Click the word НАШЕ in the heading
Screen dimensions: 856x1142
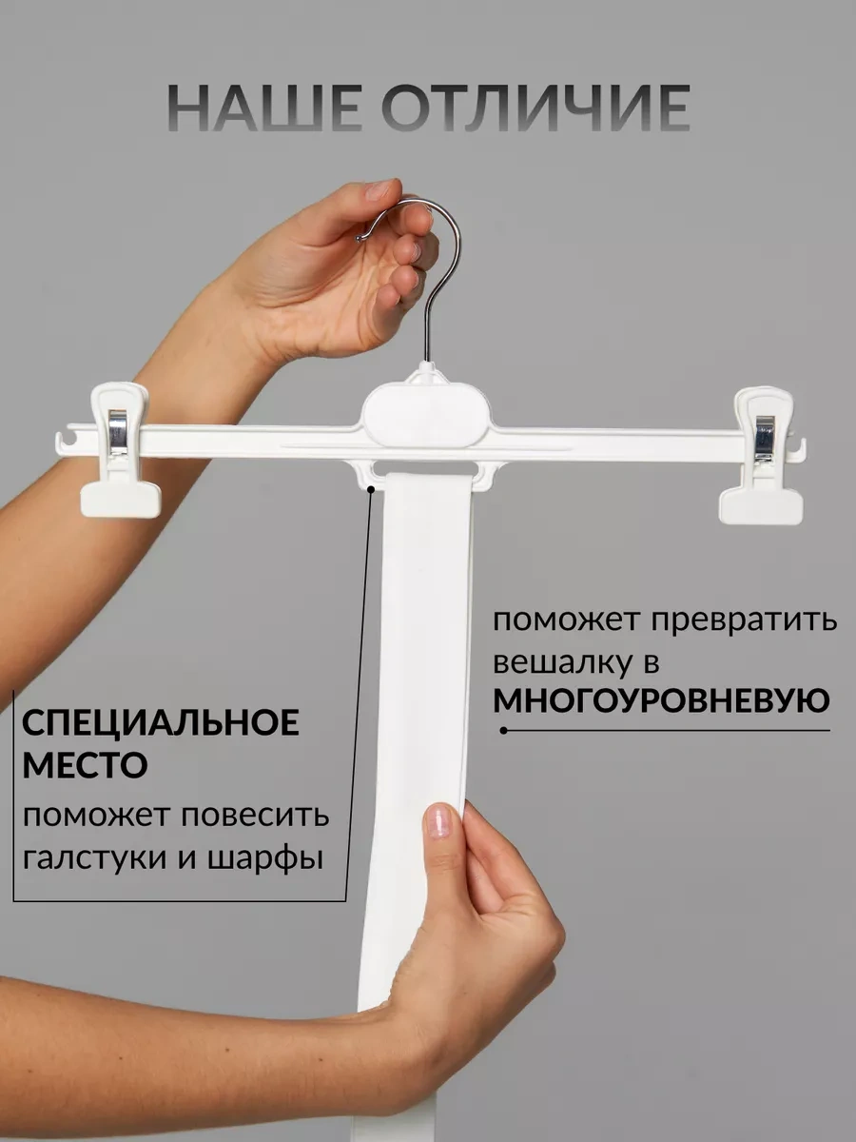pyautogui.click(x=264, y=108)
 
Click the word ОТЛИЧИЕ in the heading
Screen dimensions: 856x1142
pyautogui.click(x=536, y=108)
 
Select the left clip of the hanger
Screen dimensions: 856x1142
pyautogui.click(x=120, y=450)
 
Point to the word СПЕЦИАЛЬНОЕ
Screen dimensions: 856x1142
pyautogui.click(x=161, y=722)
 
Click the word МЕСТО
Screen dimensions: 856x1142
pyautogui.click(x=86, y=764)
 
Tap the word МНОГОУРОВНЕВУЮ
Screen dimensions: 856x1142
pyautogui.click(x=661, y=700)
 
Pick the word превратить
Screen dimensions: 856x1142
pyautogui.click(x=744, y=621)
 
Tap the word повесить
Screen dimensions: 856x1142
pyautogui.click(x=255, y=816)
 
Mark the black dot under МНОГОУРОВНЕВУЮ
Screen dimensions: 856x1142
pyautogui.click(x=503, y=731)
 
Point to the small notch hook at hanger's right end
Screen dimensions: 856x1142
pyautogui.click(x=799, y=447)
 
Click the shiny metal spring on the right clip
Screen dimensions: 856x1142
pyautogui.click(x=765, y=439)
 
